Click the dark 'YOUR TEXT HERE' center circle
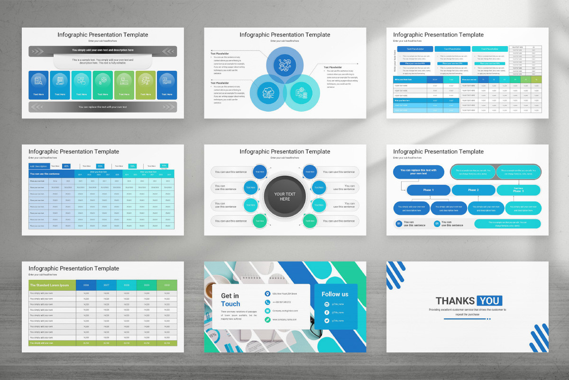tap(284, 196)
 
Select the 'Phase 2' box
tap(472, 190)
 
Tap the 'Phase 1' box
tap(428, 190)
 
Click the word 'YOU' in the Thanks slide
tap(489, 301)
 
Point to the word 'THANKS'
tap(455, 301)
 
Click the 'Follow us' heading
tap(335, 294)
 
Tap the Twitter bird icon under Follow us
tap(327, 321)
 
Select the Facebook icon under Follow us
tap(327, 312)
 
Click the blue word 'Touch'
tap(230, 304)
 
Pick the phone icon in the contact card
tap(267, 302)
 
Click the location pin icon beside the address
tap(267, 294)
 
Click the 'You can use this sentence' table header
tap(45, 174)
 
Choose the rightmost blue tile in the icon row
tap(167, 85)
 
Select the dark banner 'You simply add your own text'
tap(103, 50)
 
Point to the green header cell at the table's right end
tap(167, 285)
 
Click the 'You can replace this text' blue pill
tap(419, 171)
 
